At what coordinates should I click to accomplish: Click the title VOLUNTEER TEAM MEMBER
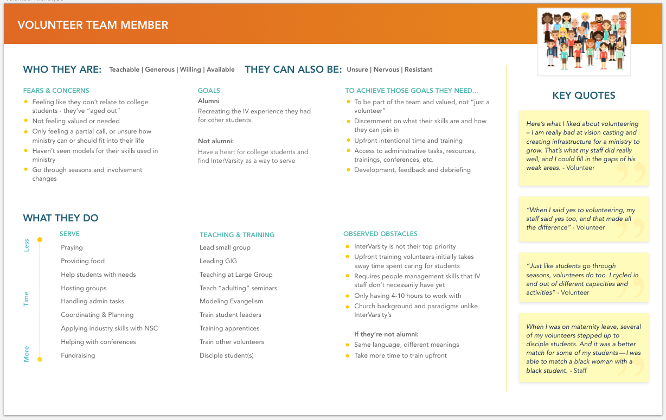pyautogui.click(x=93, y=25)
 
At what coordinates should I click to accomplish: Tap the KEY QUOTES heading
pyautogui.click(x=584, y=96)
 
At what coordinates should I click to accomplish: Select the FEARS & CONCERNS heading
pyautogui.click(x=56, y=91)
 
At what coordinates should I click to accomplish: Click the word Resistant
pyautogui.click(x=418, y=69)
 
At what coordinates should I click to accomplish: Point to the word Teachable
pyautogui.click(x=124, y=69)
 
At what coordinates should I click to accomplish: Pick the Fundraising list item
pyautogui.click(x=78, y=355)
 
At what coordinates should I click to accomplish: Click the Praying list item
pyautogui.click(x=72, y=247)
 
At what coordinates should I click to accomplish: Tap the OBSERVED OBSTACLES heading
pyautogui.click(x=380, y=234)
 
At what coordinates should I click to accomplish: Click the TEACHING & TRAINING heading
pyautogui.click(x=237, y=235)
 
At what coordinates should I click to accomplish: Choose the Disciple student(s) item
pyautogui.click(x=226, y=355)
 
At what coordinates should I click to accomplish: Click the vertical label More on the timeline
pyautogui.click(x=26, y=354)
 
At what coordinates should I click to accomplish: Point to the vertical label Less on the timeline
pyautogui.click(x=26, y=246)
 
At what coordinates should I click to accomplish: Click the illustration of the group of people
pyautogui.click(x=584, y=41)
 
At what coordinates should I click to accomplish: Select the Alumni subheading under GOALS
pyautogui.click(x=209, y=101)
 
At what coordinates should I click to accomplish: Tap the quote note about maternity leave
pyautogui.click(x=584, y=348)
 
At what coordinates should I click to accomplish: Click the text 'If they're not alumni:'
pyautogui.click(x=386, y=334)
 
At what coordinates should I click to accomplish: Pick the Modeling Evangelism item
pyautogui.click(x=231, y=301)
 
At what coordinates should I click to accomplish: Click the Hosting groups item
pyautogui.click(x=84, y=288)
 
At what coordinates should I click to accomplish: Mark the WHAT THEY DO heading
pyautogui.click(x=61, y=218)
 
